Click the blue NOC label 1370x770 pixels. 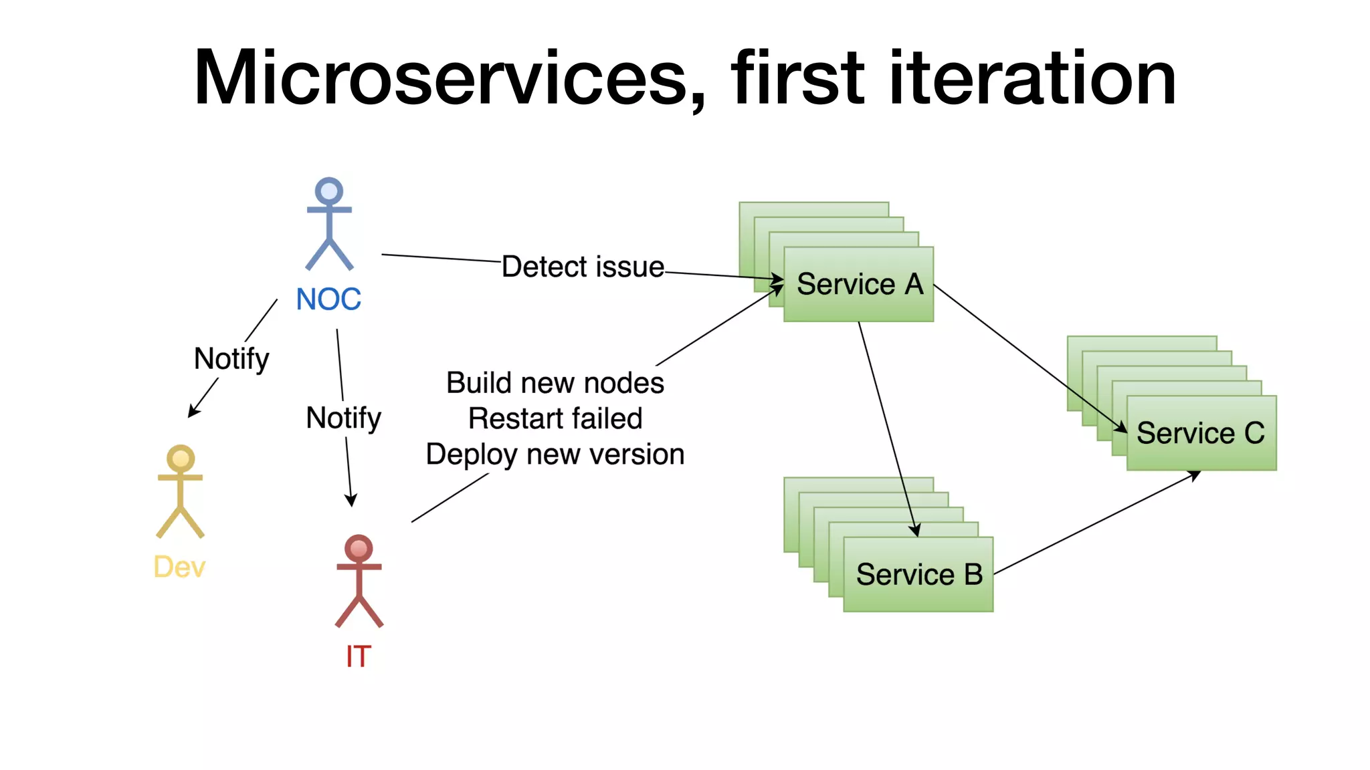(328, 299)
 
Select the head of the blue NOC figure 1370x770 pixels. (329, 191)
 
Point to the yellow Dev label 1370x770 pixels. (179, 567)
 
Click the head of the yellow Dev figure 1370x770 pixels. (181, 459)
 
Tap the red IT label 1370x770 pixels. (359, 656)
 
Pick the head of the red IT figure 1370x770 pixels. (359, 549)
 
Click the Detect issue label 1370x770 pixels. (583, 267)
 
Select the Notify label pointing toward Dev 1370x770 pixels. (231, 360)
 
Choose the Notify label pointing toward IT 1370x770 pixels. (343, 418)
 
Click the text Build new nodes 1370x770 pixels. (555, 383)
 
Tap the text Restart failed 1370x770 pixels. (555, 418)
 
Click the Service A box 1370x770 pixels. (859, 284)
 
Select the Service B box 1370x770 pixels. (918, 574)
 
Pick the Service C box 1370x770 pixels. (1201, 433)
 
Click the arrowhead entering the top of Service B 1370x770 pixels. (915, 530)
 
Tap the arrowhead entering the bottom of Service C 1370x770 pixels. (1194, 475)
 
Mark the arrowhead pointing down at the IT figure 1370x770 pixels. (351, 500)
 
